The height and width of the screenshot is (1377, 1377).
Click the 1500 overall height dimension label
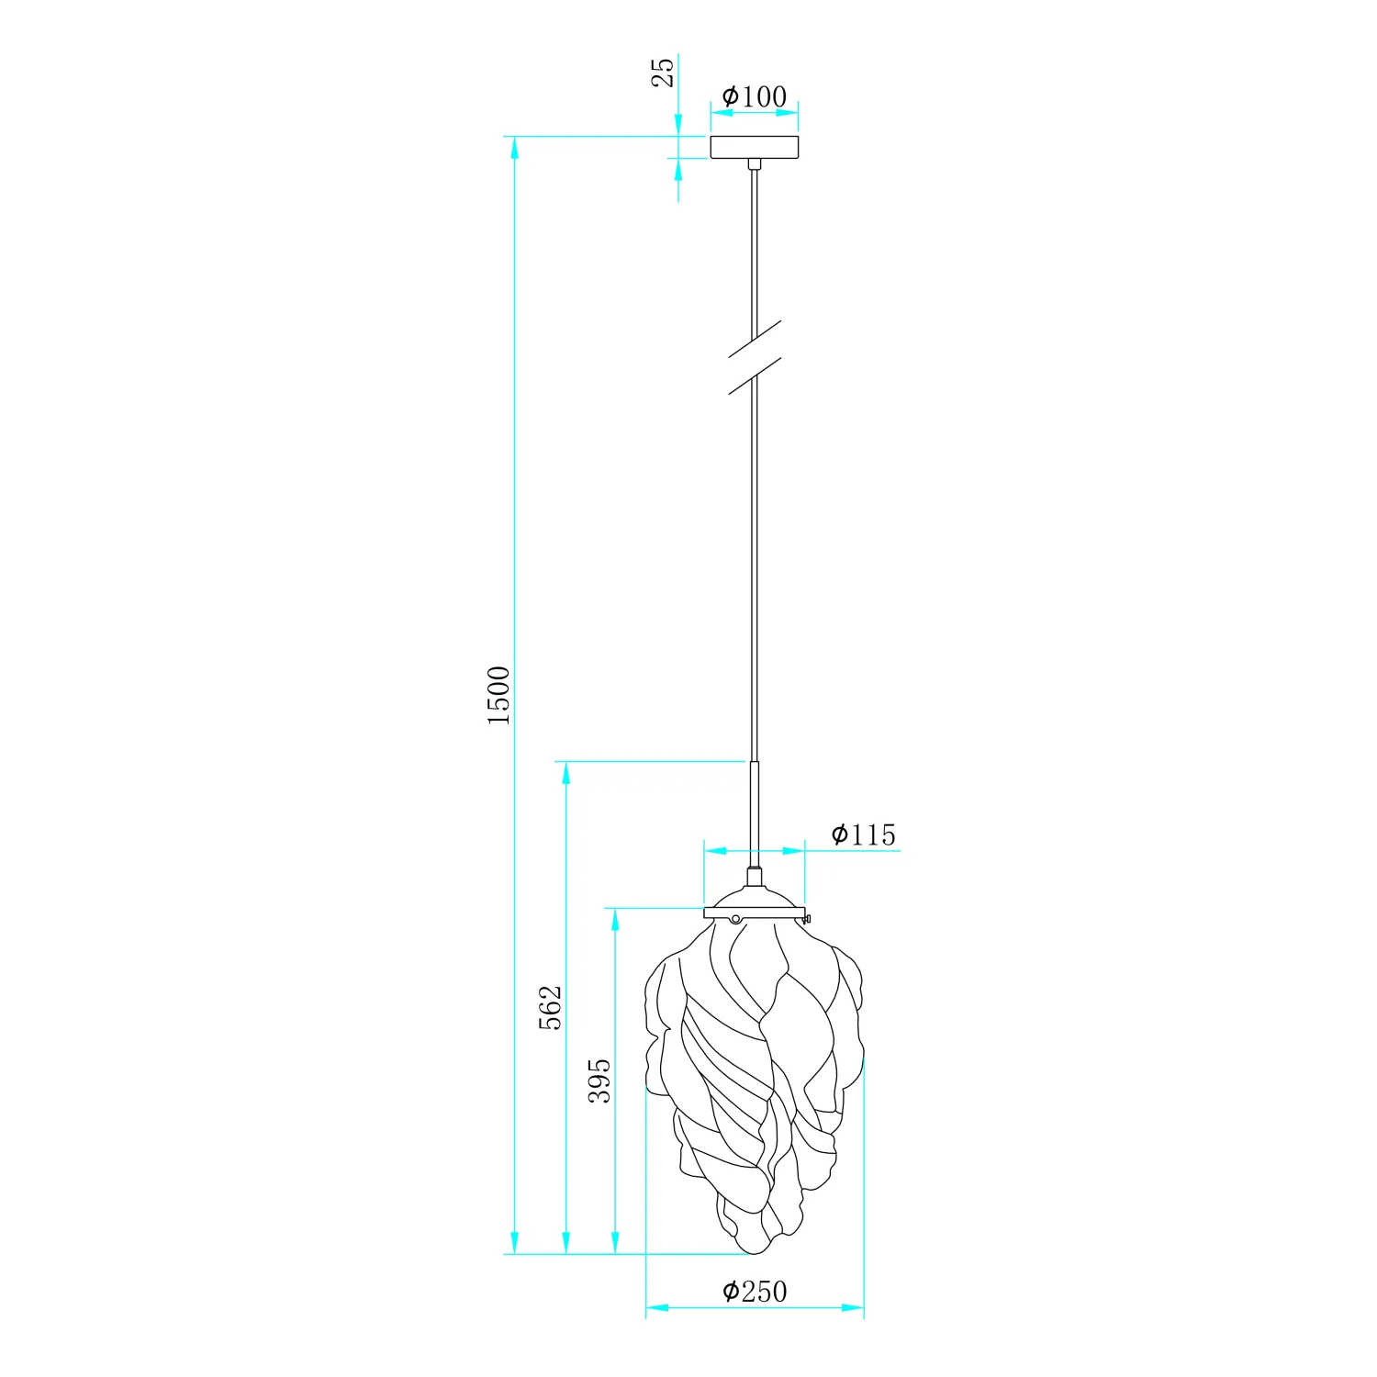[x=498, y=696]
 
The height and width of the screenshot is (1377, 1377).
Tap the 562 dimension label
[x=549, y=1008]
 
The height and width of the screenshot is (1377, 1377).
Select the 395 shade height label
[x=599, y=1080]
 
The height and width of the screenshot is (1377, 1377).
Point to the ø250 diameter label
[x=755, y=1292]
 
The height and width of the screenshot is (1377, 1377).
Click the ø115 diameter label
[x=863, y=834]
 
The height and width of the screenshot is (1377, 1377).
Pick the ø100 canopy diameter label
[x=755, y=96]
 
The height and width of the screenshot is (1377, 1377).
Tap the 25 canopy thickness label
[x=663, y=72]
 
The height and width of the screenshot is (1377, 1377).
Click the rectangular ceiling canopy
[x=755, y=147]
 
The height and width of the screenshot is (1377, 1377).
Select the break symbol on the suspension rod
[x=755, y=358]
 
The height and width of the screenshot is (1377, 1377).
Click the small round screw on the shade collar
[x=735, y=918]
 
